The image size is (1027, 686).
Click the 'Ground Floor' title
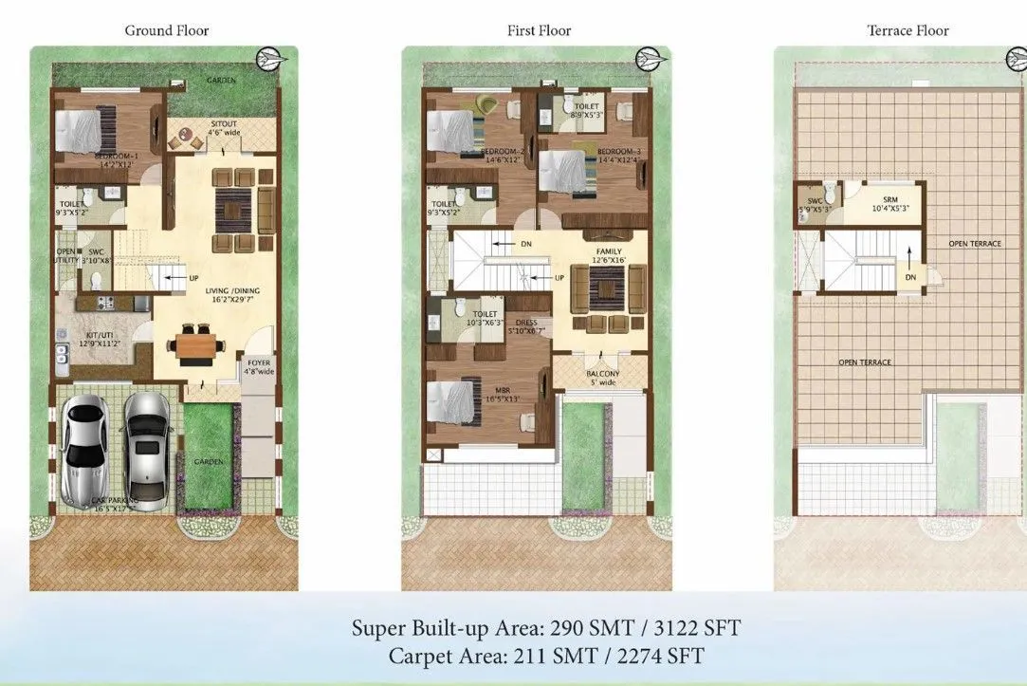(x=168, y=30)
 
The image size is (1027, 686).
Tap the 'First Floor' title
(x=539, y=30)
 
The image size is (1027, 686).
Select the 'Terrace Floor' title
(x=908, y=30)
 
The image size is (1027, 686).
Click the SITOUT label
(x=224, y=124)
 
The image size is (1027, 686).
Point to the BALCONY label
(x=602, y=374)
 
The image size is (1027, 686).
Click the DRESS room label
(x=526, y=323)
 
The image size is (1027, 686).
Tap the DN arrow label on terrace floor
(x=910, y=278)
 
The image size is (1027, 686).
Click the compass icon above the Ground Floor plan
(x=269, y=59)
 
